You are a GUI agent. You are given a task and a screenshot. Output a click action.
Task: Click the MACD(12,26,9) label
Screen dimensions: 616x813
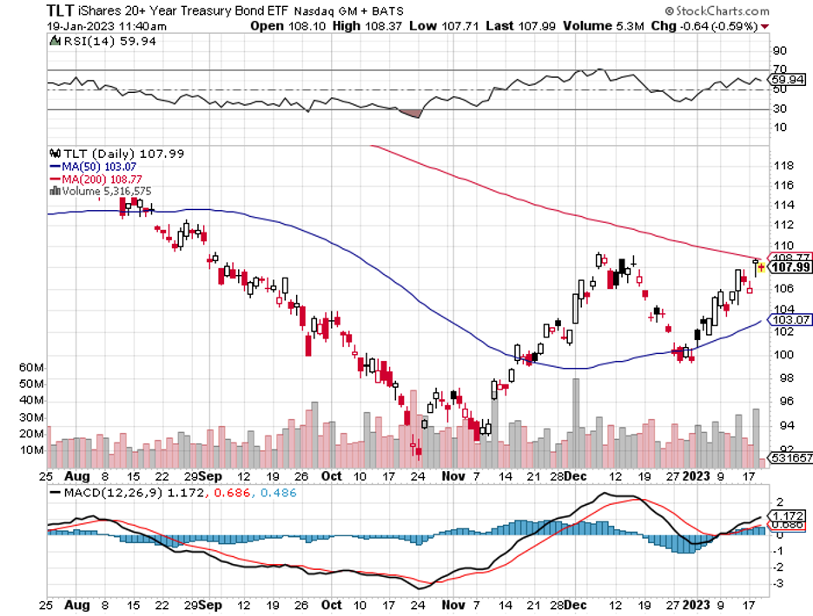click(x=105, y=492)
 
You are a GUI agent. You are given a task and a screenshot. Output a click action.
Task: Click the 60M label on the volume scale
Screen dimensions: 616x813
click(x=31, y=367)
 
